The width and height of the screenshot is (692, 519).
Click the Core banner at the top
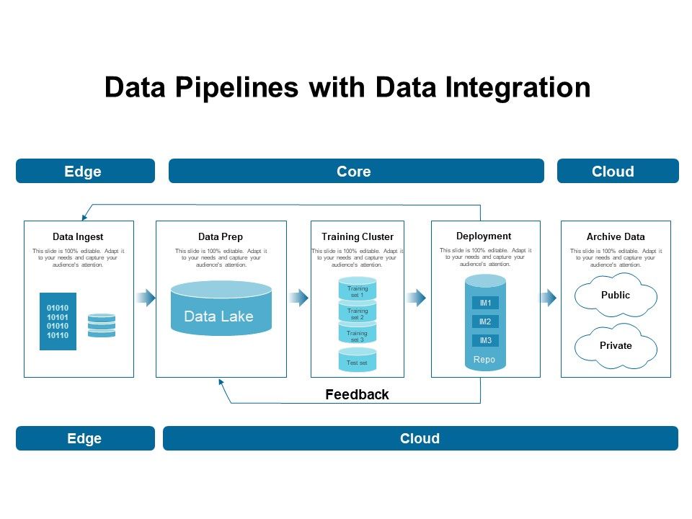pos(356,172)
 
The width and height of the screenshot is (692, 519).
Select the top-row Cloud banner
pos(618,172)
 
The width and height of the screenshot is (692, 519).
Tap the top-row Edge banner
pos(85,172)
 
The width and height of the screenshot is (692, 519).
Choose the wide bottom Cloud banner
pos(420,438)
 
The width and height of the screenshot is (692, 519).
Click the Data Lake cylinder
pos(221,309)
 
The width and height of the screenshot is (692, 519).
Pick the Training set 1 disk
pos(358,290)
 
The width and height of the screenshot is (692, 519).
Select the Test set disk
pos(358,361)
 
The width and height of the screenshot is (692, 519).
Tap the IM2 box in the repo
pos(485,321)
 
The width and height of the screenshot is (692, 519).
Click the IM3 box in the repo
pos(485,340)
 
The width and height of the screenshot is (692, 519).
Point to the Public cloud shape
pos(616,296)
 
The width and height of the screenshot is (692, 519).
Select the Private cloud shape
pos(616,346)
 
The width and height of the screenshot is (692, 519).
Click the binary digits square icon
pos(58,321)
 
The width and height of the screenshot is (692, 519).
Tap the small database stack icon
pos(101,325)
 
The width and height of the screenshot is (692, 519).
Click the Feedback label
pos(357,394)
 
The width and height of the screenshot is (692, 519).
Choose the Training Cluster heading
pos(358,236)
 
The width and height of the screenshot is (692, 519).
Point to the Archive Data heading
pos(616,236)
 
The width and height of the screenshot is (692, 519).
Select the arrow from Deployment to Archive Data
pos(549,298)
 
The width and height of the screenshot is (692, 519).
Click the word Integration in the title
pos(518,87)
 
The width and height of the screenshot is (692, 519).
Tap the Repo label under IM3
pos(484,359)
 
